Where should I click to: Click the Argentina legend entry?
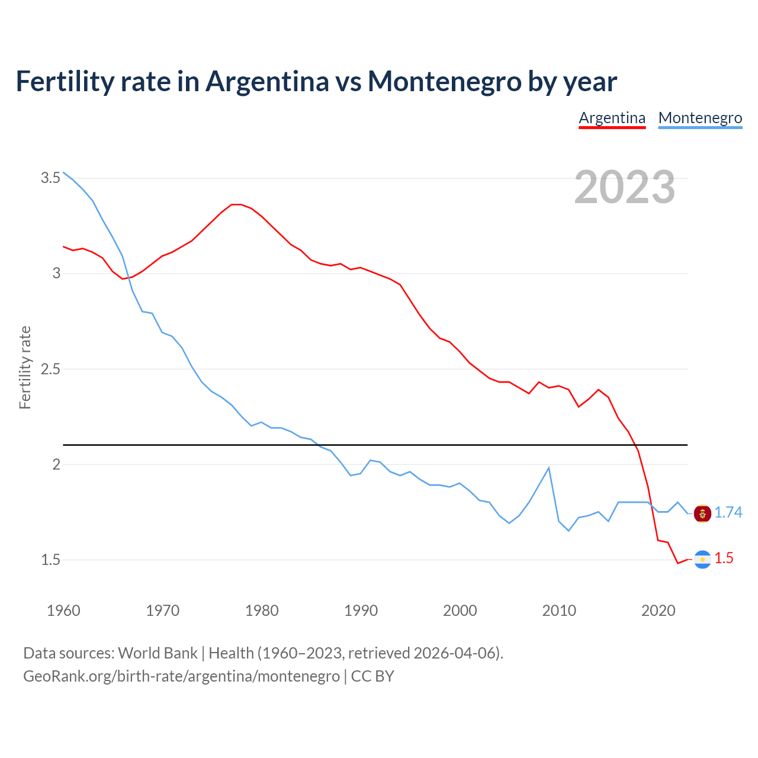[x=612, y=118]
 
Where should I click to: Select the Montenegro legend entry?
[x=700, y=118]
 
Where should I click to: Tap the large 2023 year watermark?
[x=625, y=187]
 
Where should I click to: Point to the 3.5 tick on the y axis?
[x=50, y=178]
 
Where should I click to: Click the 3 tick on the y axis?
[x=57, y=273]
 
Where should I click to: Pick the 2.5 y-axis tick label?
[x=50, y=369]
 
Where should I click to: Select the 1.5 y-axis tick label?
[x=50, y=560]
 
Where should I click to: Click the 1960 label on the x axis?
[x=63, y=611]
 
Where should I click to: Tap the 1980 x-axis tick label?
[x=262, y=611]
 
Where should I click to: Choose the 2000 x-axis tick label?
[x=460, y=611]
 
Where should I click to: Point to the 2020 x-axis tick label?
[x=658, y=611]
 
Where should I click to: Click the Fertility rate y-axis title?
[x=25, y=367]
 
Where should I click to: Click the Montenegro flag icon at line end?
[x=702, y=513]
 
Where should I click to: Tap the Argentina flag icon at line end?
[x=702, y=559]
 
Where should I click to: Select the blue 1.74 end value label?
[x=728, y=513]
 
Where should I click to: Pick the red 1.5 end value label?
[x=724, y=558]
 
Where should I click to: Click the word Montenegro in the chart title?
[x=444, y=81]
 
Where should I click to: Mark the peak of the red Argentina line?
[x=236, y=204]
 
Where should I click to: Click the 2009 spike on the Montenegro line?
[x=548, y=468]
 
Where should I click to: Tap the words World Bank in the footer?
[x=158, y=653]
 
